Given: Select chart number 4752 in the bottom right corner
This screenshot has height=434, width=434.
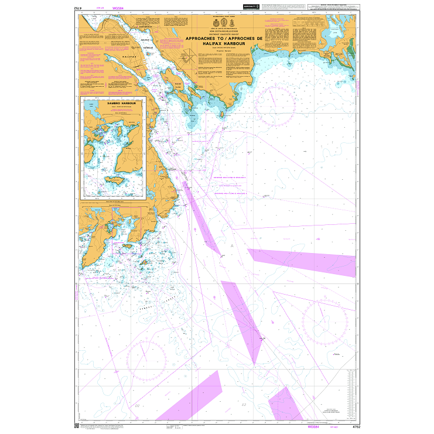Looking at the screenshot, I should tap(350, 427).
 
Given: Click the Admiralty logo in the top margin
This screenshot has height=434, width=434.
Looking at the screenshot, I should tap(251, 7).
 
